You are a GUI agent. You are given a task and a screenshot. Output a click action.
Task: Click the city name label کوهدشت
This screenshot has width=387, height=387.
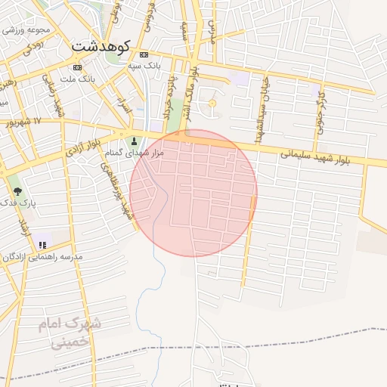click(101, 46)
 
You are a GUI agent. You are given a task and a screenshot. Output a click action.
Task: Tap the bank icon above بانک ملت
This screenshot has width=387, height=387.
click(77, 67)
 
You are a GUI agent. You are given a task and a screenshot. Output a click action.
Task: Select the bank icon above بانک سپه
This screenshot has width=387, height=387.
click(144, 54)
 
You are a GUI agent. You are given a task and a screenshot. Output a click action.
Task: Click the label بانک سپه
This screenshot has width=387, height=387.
click(144, 66)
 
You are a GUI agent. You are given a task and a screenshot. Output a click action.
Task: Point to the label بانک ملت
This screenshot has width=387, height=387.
click(77, 79)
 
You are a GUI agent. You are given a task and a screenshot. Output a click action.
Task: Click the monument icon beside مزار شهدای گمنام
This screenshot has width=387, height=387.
click(135, 141)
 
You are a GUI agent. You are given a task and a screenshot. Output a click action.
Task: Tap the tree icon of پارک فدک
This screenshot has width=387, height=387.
click(17, 191)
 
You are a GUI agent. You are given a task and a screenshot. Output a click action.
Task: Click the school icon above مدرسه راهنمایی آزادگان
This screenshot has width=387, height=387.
click(42, 245)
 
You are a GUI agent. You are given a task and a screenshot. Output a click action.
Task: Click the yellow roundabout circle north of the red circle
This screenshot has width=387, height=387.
click(212, 103)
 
